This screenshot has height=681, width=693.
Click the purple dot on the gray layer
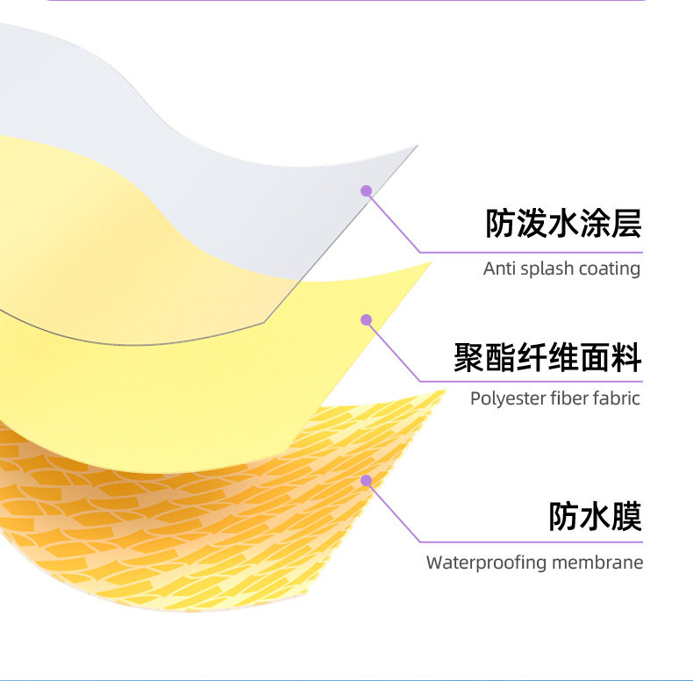(x=366, y=191)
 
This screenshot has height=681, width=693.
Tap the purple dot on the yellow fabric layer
(x=366, y=320)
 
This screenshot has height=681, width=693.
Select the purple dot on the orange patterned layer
(x=366, y=481)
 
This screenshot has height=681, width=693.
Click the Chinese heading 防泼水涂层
(x=563, y=224)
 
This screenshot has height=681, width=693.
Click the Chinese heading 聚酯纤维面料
(x=547, y=357)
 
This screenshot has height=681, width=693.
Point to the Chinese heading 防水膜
(x=595, y=516)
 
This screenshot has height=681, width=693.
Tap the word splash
(x=547, y=269)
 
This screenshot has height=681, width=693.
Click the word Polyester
(x=508, y=399)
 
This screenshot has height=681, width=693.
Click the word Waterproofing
(x=486, y=563)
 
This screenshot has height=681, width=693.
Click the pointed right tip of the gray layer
(x=417, y=146)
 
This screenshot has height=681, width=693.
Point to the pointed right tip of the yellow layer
(x=431, y=262)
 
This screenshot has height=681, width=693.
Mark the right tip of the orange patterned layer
(x=445, y=391)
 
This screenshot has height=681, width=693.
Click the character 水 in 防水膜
(x=595, y=516)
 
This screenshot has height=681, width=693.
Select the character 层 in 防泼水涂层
(x=626, y=224)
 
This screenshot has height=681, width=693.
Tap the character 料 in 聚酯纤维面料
(x=626, y=357)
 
